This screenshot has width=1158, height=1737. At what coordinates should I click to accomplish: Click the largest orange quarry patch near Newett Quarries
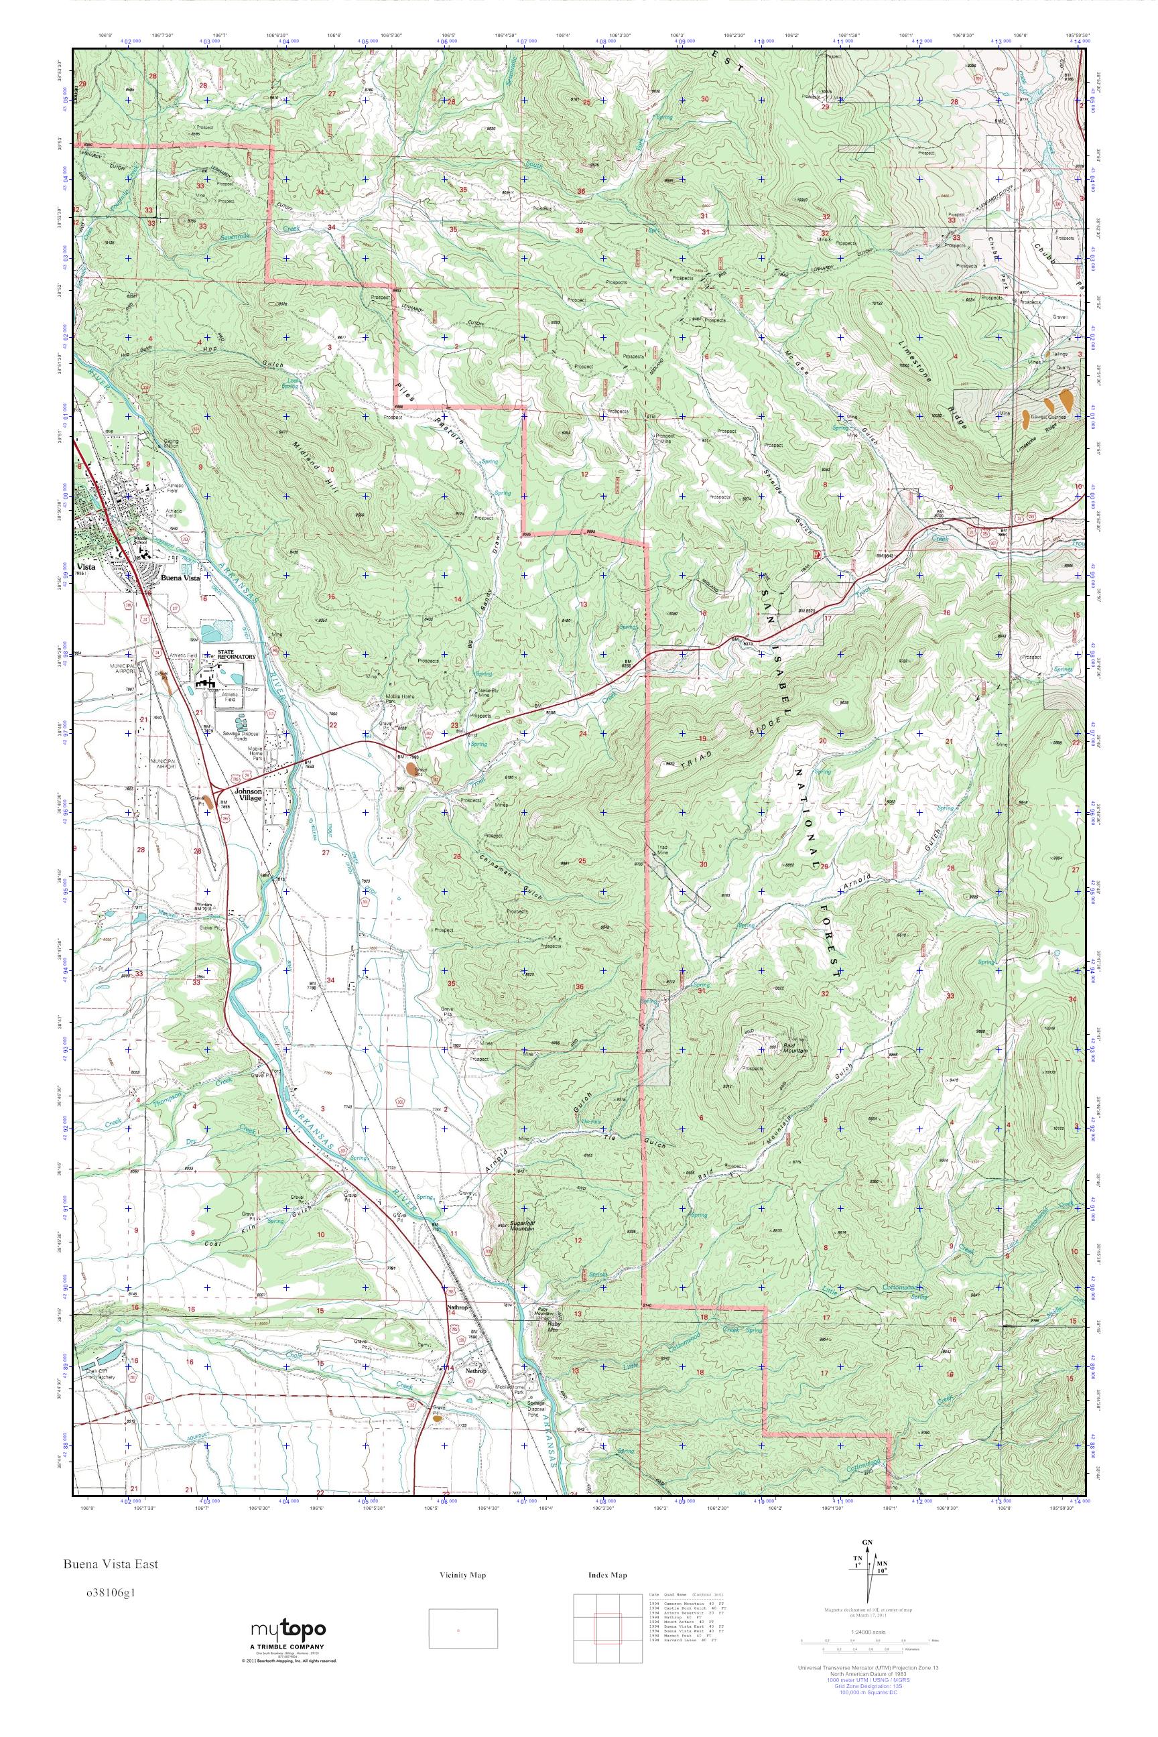click(1066, 399)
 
